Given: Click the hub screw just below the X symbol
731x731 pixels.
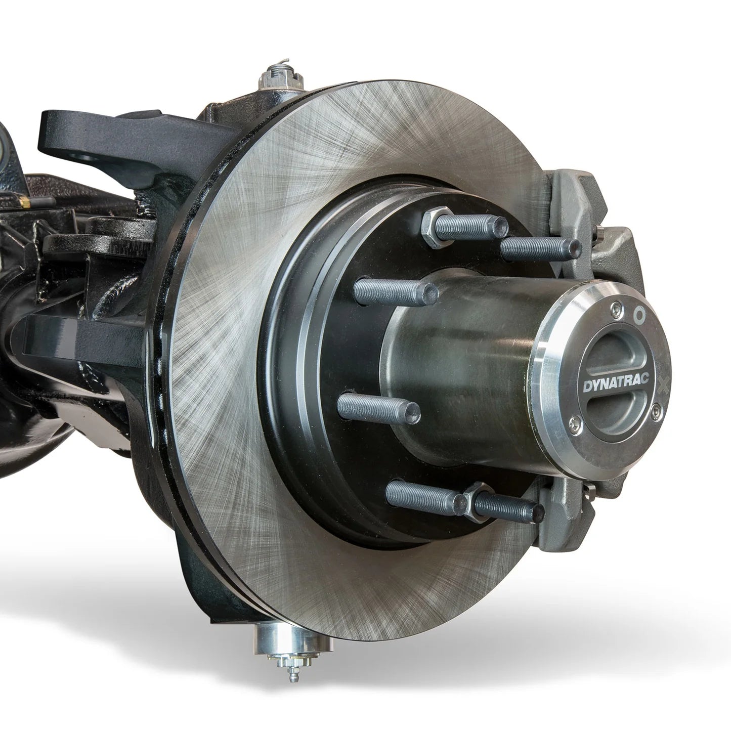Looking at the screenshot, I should pos(656,410).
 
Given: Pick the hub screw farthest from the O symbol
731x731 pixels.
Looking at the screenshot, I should pos(575,419).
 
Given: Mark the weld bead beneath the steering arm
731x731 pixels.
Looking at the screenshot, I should pos(147,205).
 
